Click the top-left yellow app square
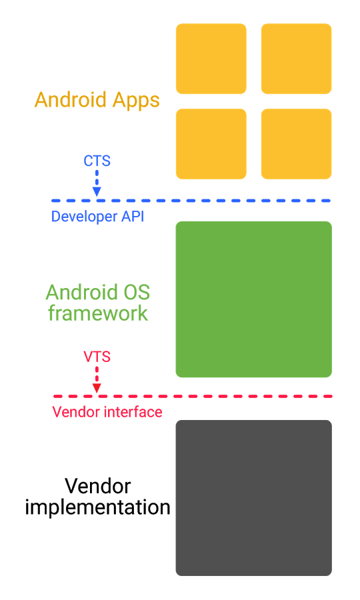(x=211, y=59)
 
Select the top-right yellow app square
(x=296, y=59)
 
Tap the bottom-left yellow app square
(x=211, y=144)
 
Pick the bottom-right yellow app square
(x=296, y=144)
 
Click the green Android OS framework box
(x=253, y=299)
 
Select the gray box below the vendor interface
(x=253, y=497)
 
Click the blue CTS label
(x=97, y=161)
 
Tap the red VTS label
(x=97, y=357)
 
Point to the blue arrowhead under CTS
(x=97, y=192)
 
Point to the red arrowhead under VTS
(x=97, y=388)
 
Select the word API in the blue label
(x=131, y=217)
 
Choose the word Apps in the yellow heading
(x=135, y=100)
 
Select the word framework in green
(x=98, y=313)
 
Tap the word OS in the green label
(x=135, y=293)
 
